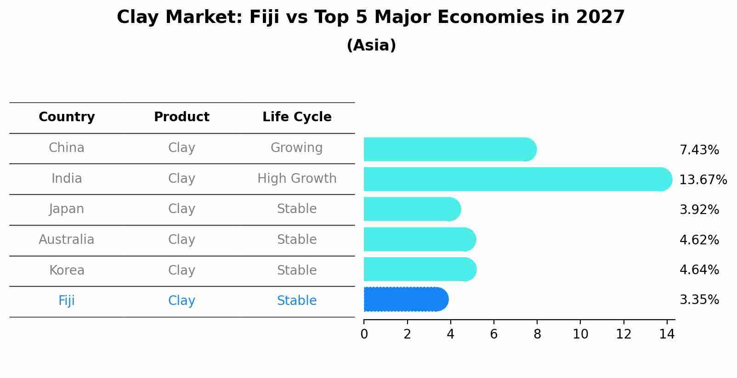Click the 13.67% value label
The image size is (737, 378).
tap(703, 180)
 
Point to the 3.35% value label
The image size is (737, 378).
tap(699, 300)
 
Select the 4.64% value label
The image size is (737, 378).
tap(699, 270)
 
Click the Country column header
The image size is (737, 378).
tap(67, 117)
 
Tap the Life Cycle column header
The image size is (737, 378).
tap(297, 117)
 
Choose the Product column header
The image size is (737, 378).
tap(181, 117)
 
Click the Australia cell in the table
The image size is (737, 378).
tap(67, 240)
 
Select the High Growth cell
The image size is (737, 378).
tap(297, 179)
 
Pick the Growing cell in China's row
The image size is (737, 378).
tap(297, 148)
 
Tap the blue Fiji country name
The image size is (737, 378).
tap(67, 301)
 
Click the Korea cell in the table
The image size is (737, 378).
tap(67, 271)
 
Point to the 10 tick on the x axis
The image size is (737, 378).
tap(580, 334)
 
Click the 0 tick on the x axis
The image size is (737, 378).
tap(364, 334)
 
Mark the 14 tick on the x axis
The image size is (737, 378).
tap(667, 334)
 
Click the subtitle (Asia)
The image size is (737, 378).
tap(371, 45)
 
